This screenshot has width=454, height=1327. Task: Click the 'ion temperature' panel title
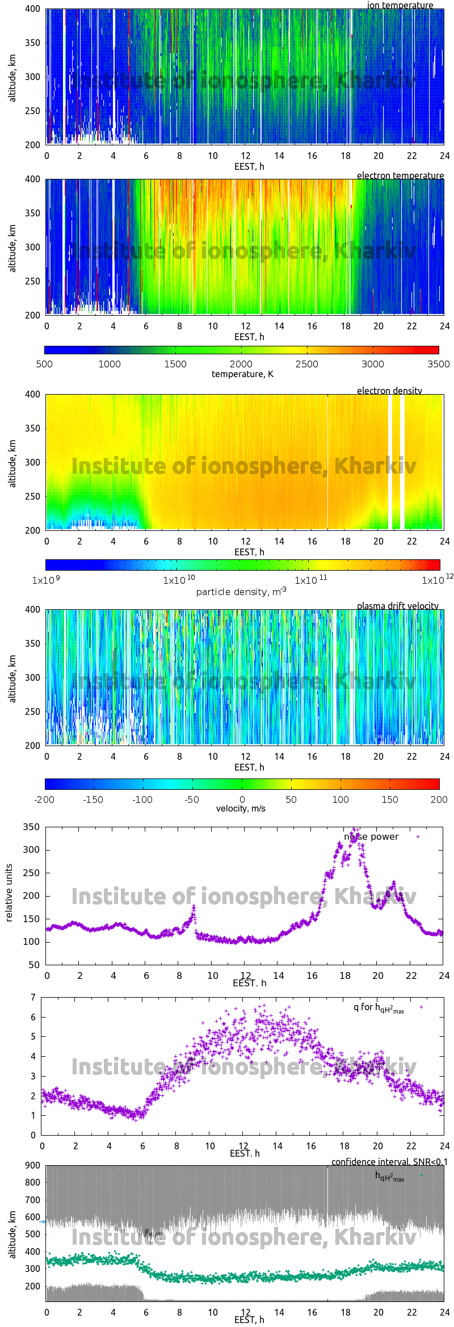[400, 6]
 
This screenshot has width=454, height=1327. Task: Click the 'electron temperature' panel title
[400, 175]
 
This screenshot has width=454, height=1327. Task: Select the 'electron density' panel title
[389, 391]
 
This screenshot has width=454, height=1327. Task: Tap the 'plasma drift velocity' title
[397, 606]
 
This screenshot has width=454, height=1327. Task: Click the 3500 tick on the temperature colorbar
[438, 364]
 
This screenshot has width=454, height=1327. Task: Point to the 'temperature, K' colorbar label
[242, 374]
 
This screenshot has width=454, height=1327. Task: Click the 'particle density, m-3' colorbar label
[241, 591]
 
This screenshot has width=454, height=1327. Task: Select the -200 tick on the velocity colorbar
[44, 799]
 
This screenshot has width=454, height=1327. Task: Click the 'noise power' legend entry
[371, 837]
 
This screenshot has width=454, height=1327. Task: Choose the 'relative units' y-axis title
[9, 893]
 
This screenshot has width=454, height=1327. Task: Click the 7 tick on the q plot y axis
[33, 997]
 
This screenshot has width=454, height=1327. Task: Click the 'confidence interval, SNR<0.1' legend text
[389, 1162]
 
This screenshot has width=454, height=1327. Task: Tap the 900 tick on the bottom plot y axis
[32, 1165]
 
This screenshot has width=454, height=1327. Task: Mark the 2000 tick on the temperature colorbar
[241, 364]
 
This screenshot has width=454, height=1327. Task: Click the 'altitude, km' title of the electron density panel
[12, 462]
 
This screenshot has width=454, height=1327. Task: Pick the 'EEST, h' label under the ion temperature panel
[249, 166]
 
